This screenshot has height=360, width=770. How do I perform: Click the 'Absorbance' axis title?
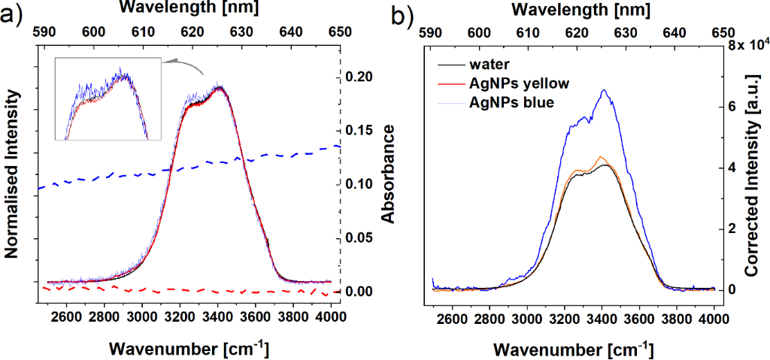(389, 174)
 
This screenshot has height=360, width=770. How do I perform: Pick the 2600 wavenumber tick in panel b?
(453, 319)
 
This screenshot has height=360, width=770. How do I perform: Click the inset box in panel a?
(108, 99)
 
